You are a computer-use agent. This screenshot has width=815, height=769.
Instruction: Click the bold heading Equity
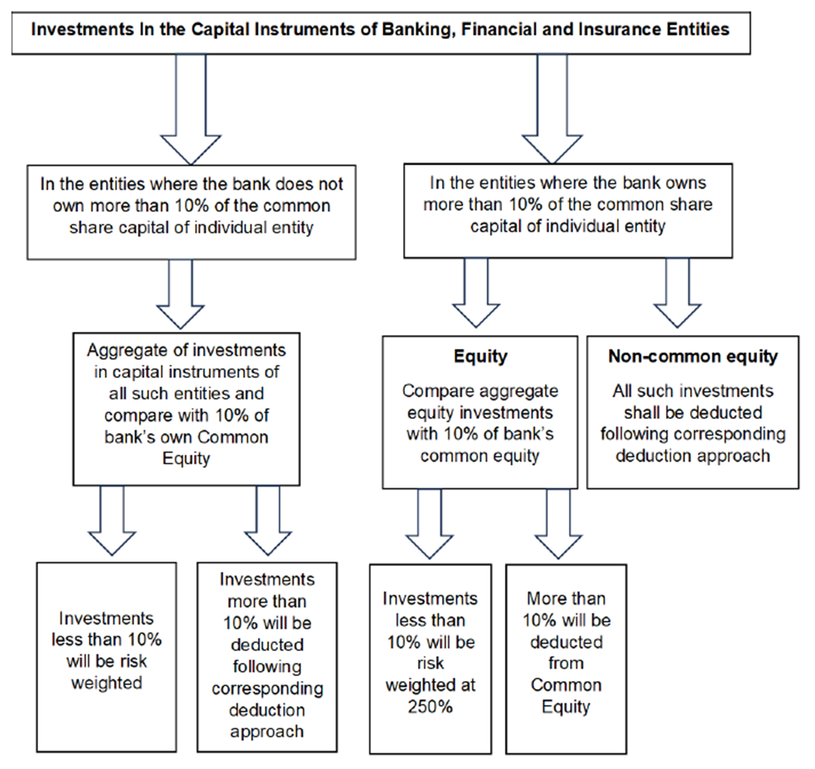pos(480,357)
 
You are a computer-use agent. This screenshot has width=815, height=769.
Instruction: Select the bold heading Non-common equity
pos(693,357)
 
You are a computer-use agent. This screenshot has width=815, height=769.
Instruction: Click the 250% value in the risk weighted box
pos(430,706)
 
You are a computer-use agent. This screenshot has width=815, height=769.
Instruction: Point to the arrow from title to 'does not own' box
pos(191,111)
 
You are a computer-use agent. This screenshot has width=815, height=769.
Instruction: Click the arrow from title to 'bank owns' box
pos(552,111)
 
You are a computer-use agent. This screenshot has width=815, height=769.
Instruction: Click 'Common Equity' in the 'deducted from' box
pos(566,695)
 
